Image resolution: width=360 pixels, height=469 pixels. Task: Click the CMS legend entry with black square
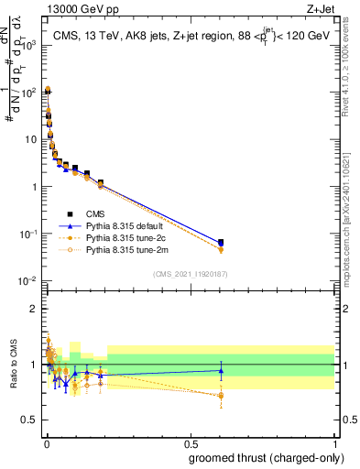point(109,213)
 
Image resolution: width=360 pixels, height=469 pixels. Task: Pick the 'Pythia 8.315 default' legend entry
point(137,224)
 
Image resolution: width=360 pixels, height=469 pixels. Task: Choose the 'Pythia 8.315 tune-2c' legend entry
point(137,236)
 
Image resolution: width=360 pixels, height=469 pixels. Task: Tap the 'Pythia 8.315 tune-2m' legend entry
point(137,248)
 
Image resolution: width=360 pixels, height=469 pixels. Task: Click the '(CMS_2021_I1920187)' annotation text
point(191,273)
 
